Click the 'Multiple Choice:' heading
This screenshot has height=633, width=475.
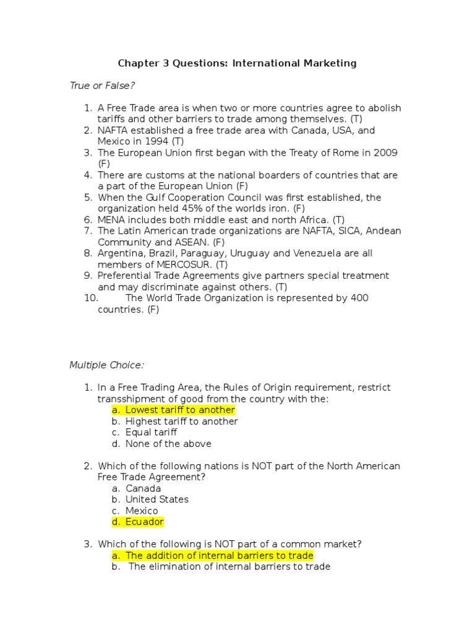click(x=106, y=365)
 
